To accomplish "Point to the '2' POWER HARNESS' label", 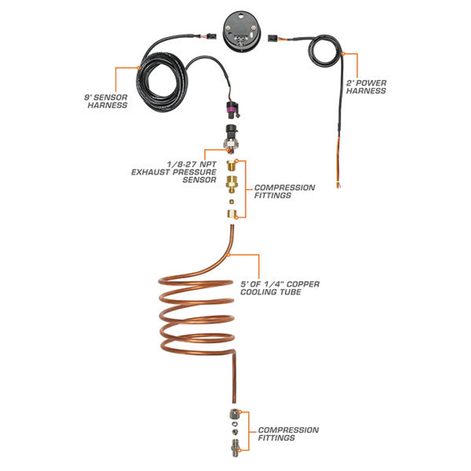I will [366, 87].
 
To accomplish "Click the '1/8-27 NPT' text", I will [192, 164].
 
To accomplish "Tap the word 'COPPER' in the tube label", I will [303, 284].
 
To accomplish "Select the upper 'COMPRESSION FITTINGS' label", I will [284, 191].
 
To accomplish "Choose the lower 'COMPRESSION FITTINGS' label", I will [288, 434].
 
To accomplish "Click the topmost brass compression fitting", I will [231, 166].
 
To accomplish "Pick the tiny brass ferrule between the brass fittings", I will [231, 202].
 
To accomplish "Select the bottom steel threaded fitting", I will [234, 446].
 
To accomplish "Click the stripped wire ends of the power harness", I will [338, 184].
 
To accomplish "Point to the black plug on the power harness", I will [272, 38].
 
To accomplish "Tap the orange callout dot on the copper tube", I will [229, 255].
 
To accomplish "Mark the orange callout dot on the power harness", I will [343, 54].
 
